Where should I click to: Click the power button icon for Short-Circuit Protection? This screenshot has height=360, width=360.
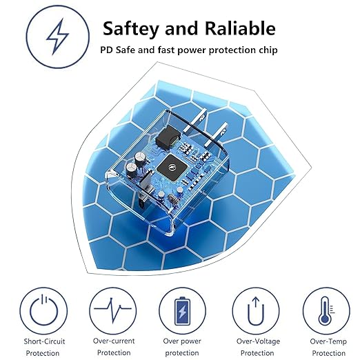[43, 309]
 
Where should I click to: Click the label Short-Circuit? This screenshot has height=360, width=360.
[43, 341]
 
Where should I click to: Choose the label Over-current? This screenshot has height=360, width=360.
[113, 341]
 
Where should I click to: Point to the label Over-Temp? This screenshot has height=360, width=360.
[326, 341]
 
